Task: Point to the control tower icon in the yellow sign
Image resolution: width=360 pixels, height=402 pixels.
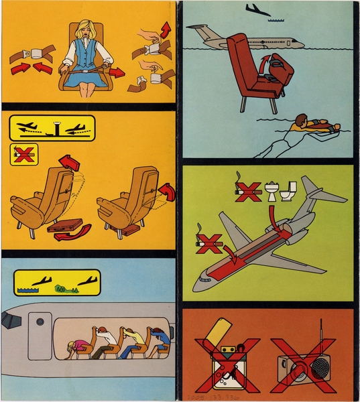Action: click(54, 127)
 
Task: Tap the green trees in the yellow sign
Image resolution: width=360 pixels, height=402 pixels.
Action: click(64, 289)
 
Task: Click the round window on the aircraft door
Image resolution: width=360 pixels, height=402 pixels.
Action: click(40, 322)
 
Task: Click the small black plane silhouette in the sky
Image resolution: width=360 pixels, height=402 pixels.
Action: click(257, 9)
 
